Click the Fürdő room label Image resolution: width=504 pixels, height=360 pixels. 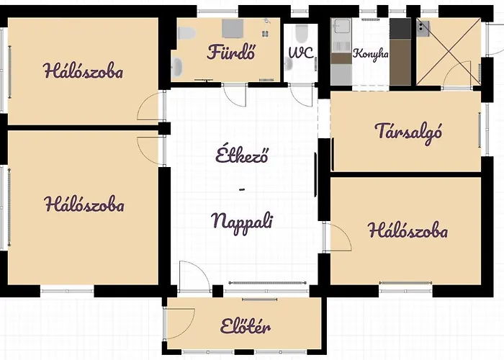click(231, 52)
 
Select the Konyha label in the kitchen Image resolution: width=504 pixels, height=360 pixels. click(370, 54)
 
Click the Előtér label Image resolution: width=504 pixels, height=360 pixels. click(246, 328)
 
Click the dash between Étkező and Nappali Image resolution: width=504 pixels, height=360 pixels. click(242, 189)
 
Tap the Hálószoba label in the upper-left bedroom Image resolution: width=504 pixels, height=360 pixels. click(83, 71)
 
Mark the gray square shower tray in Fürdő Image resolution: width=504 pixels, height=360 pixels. click(232, 28)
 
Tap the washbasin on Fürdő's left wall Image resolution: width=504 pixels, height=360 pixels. click(178, 67)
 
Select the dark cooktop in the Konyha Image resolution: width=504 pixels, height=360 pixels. click(400, 29)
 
